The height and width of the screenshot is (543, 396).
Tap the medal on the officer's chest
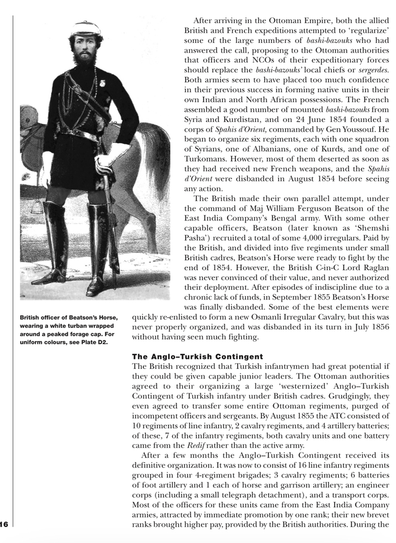103,83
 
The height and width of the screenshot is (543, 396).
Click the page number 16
4,524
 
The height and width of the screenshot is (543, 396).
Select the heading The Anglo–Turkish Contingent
189,357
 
